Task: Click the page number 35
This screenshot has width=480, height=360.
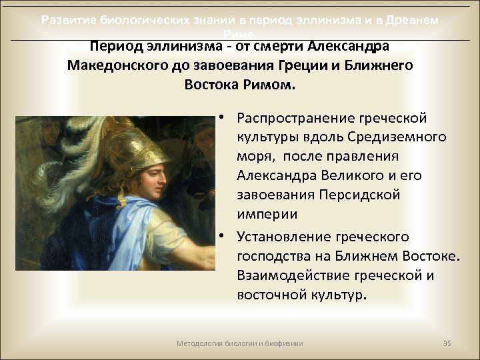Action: click(x=447, y=343)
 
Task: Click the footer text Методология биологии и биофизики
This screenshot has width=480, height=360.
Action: click(x=240, y=343)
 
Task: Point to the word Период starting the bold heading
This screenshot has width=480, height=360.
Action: click(x=115, y=47)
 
